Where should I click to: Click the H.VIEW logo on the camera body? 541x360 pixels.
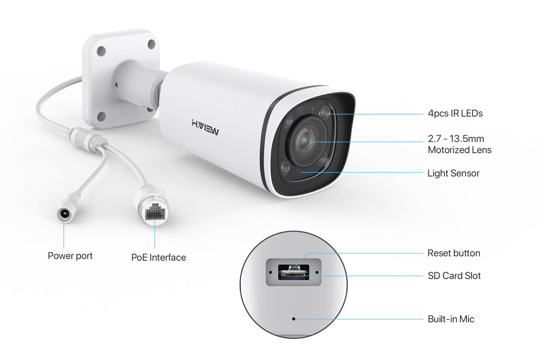click(205, 127)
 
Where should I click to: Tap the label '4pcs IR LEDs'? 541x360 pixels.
click(455, 114)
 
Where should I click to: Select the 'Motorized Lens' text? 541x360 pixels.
click(459, 150)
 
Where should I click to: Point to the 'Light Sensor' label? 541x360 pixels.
click(453, 173)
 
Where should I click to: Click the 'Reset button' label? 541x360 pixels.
click(454, 253)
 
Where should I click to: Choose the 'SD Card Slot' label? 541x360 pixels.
click(454, 276)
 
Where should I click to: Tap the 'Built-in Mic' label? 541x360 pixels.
click(451, 319)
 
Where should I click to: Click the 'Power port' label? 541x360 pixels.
click(70, 256)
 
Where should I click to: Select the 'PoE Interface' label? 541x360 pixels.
click(159, 258)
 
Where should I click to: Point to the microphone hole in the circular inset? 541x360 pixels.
click(294, 319)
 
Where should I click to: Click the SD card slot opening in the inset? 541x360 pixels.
click(294, 273)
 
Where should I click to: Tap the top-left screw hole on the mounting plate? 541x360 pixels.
click(101, 51)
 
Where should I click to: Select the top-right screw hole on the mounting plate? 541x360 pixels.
click(151, 44)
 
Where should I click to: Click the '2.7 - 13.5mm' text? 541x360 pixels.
click(456, 139)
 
